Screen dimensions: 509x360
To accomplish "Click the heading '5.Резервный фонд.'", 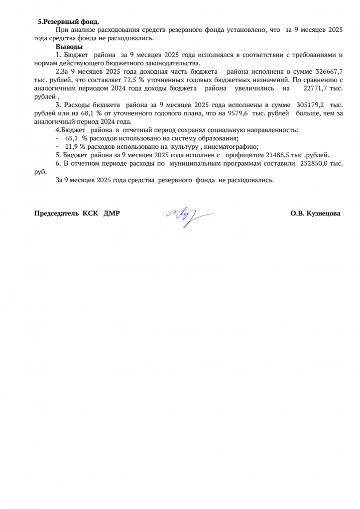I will click(69, 22).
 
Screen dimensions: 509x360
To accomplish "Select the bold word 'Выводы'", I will click(69, 47).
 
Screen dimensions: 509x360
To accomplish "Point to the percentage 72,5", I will click(117, 80).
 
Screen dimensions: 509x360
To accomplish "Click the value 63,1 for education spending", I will click(72, 138).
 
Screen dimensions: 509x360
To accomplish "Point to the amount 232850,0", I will click(315, 163).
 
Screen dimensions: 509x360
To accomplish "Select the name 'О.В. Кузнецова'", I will click(316, 213).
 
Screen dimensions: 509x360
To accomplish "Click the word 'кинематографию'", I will click(232, 147).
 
